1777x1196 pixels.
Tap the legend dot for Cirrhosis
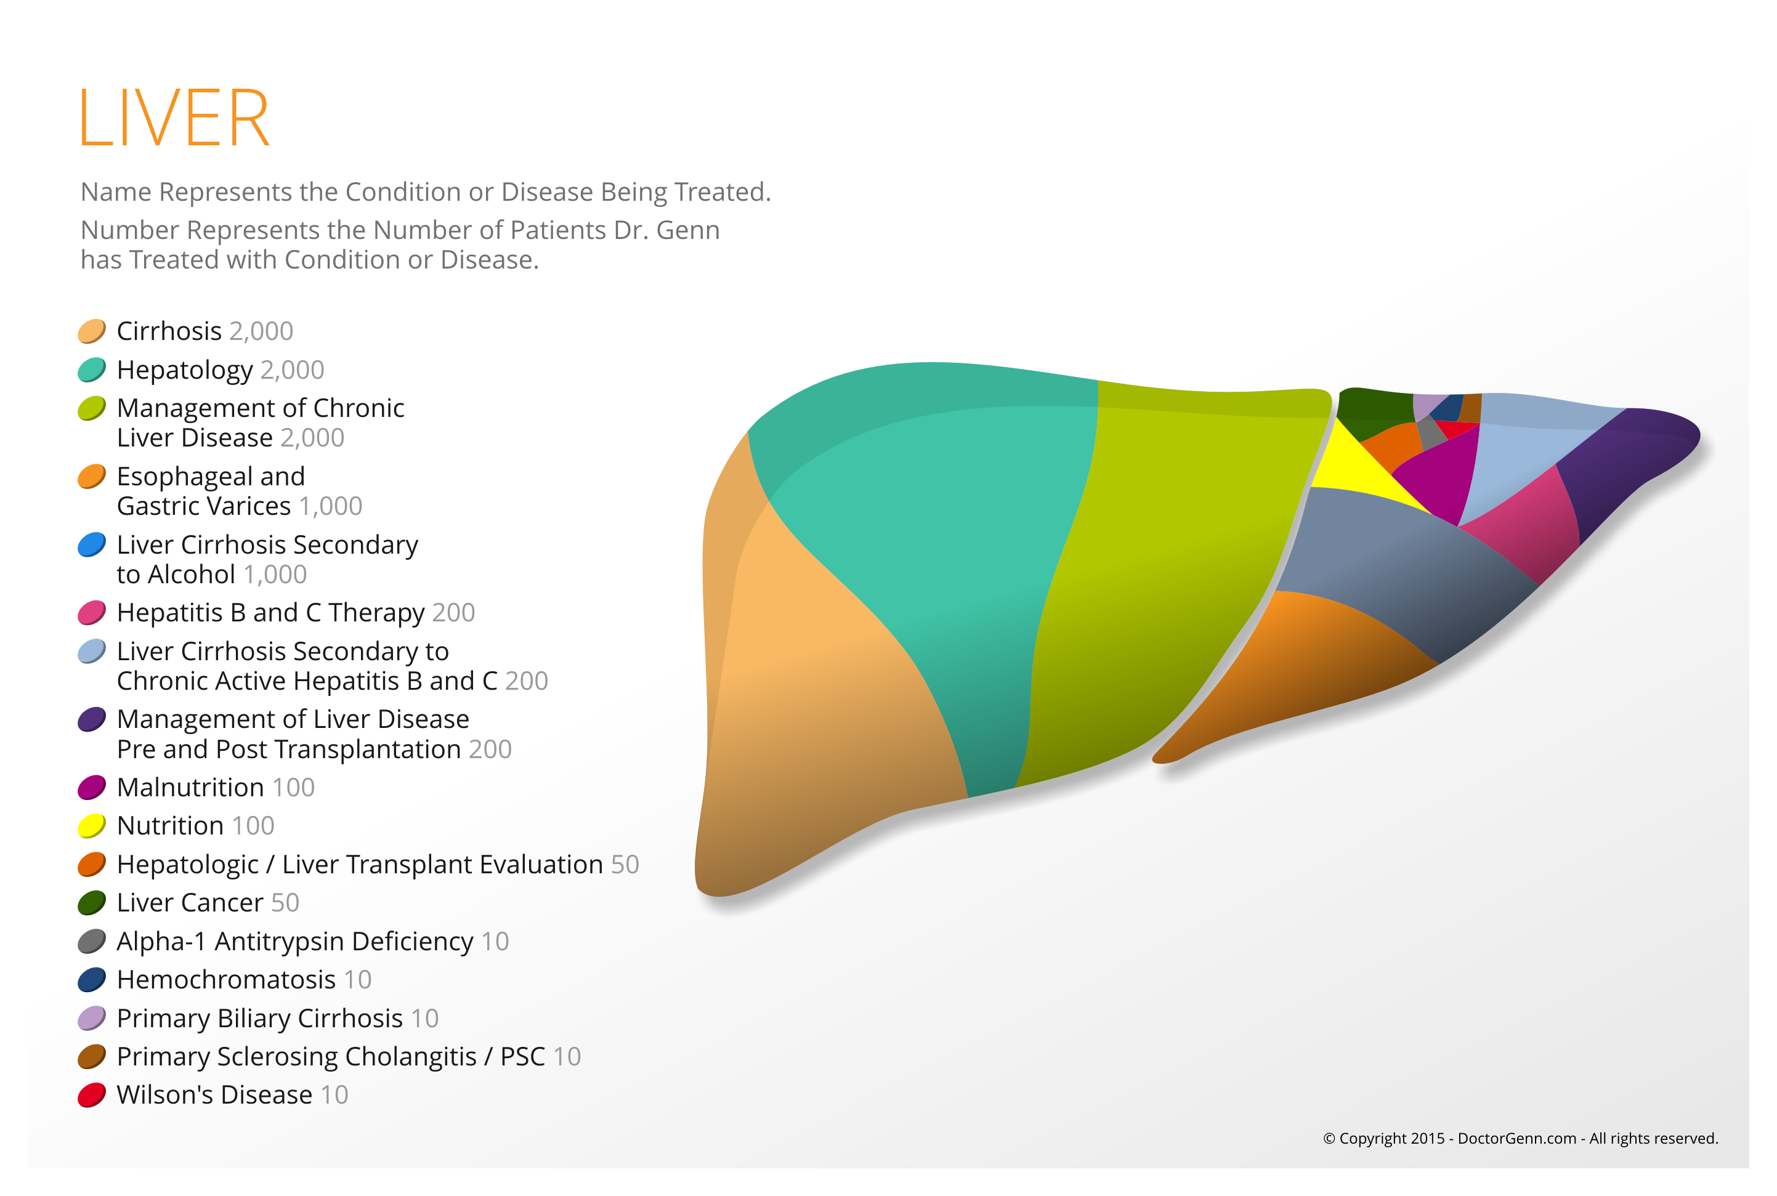(x=92, y=331)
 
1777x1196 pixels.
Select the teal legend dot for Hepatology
(x=92, y=370)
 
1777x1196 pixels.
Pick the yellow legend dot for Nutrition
(x=92, y=826)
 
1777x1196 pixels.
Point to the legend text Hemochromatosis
(x=227, y=979)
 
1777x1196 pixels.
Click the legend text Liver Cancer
(x=190, y=903)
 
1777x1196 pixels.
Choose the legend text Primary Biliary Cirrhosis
(x=260, y=1018)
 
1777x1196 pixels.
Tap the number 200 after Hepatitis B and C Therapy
(x=453, y=613)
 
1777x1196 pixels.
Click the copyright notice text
(x=1521, y=1139)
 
